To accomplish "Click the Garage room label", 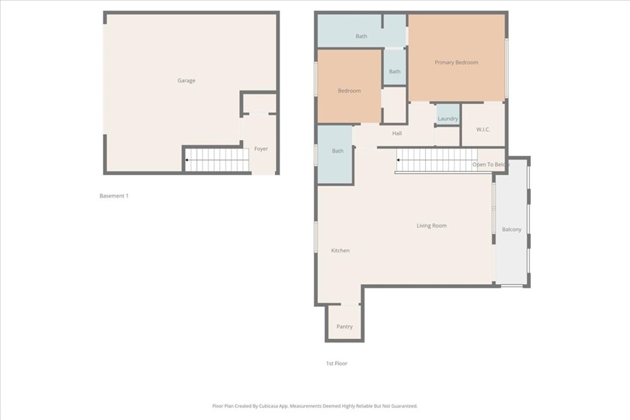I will pyautogui.click(x=186, y=81).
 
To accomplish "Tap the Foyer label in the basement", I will pyautogui.click(x=261, y=149).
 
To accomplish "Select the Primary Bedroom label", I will pyautogui.click(x=456, y=62).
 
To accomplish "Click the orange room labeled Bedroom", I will pyautogui.click(x=349, y=90).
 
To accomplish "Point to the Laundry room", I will pyautogui.click(x=448, y=119).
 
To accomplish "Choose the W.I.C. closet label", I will pyautogui.click(x=483, y=130).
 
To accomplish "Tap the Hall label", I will pyautogui.click(x=397, y=133).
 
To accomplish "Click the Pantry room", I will pyautogui.click(x=345, y=327).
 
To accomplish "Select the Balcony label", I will pyautogui.click(x=511, y=229).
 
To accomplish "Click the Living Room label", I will pyautogui.click(x=431, y=226).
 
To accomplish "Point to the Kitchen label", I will pyautogui.click(x=340, y=250).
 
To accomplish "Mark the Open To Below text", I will pyautogui.click(x=490, y=165).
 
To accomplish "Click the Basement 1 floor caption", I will pyautogui.click(x=114, y=196).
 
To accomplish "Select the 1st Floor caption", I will pyautogui.click(x=337, y=363).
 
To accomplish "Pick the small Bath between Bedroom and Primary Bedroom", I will pyautogui.click(x=394, y=71).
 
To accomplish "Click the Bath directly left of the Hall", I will pyautogui.click(x=338, y=151).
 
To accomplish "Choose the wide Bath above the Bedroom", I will pyautogui.click(x=361, y=36).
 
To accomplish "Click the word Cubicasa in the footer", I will pyautogui.click(x=281, y=406).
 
